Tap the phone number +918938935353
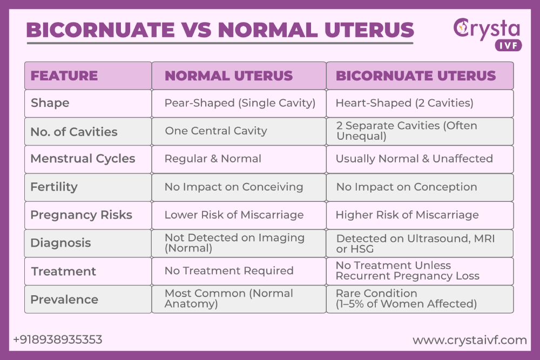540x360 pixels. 57,339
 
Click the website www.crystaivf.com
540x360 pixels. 469,340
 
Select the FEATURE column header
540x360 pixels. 64,76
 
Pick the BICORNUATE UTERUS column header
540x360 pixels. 416,76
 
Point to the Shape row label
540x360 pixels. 50,103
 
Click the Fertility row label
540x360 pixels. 54,187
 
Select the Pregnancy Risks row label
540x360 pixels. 81,215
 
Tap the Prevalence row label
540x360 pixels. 64,300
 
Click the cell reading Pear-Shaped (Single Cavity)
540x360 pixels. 240,103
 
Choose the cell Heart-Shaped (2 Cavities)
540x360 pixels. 404,103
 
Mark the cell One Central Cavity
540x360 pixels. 216,131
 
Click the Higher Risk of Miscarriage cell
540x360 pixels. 407,215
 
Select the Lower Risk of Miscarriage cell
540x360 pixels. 234,215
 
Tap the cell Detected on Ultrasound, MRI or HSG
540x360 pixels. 415,243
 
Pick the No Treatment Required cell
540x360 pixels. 229,271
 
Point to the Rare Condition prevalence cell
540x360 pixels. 406,299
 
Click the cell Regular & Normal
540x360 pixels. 213,159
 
